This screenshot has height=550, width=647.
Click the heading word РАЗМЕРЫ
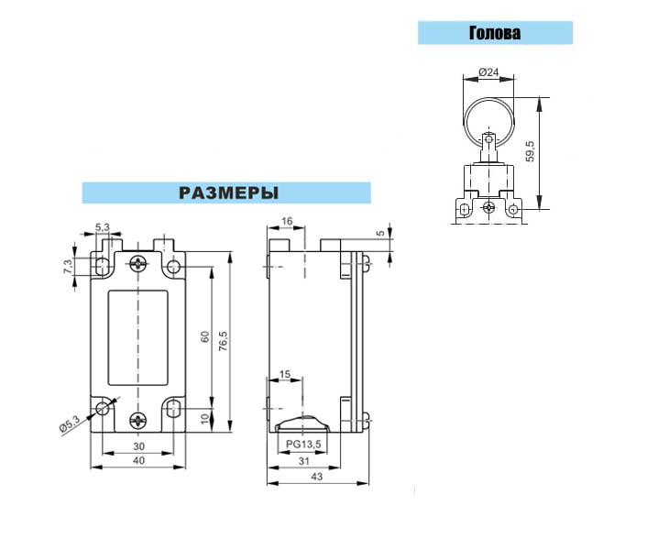[x=228, y=192]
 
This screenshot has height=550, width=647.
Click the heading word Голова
[x=495, y=33]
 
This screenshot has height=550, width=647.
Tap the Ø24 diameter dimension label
[x=488, y=71]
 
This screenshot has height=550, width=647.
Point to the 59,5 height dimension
[x=531, y=151]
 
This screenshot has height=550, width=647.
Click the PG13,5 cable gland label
[x=303, y=445]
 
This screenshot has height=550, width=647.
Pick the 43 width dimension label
[x=317, y=477]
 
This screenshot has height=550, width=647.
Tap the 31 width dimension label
[x=303, y=460]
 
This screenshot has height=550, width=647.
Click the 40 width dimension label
[x=139, y=460]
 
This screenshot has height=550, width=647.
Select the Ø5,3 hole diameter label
[x=70, y=423]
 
